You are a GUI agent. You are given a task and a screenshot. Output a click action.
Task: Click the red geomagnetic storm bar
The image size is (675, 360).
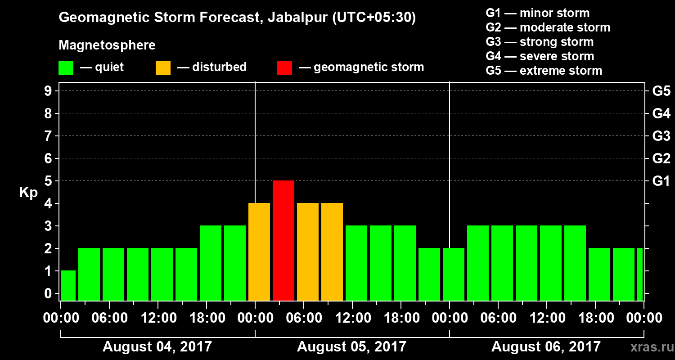(283, 240)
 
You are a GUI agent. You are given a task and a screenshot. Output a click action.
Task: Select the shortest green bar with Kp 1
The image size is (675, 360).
(68, 285)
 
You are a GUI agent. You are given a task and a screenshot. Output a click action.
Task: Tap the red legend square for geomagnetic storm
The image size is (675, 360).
(284, 67)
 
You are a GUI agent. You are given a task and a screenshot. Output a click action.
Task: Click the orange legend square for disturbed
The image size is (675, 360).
(163, 67)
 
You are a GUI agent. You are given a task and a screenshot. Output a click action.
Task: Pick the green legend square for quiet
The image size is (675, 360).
(66, 67)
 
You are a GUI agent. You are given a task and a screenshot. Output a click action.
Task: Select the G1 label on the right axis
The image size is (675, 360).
(661, 181)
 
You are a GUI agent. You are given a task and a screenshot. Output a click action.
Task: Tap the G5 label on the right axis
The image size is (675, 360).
(661, 91)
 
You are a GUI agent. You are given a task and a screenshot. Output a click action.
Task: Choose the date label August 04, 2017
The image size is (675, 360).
(157, 346)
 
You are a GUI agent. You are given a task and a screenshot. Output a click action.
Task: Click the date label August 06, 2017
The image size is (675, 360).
(546, 346)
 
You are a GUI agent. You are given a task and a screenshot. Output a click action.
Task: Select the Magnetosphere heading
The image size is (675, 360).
(107, 45)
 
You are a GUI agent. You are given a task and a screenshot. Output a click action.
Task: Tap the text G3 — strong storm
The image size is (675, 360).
(540, 42)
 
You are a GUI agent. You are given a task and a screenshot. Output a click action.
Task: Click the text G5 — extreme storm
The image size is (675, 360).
(544, 71)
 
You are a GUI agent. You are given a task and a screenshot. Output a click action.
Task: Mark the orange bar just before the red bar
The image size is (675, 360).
(259, 252)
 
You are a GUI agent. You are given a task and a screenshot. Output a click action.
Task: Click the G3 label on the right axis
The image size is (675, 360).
(661, 136)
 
